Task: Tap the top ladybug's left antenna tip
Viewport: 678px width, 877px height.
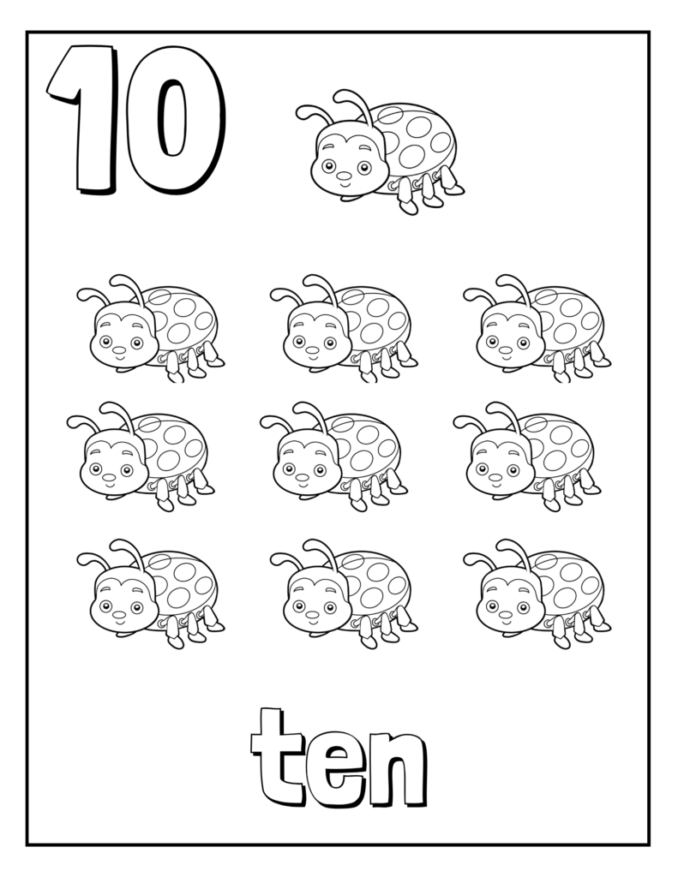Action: pos(302,110)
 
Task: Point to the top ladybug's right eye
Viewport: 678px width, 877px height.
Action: pos(364,167)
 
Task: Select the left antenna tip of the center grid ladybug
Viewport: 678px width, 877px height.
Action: pos(266,420)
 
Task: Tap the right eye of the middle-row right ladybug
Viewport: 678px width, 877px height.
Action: pos(513,470)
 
